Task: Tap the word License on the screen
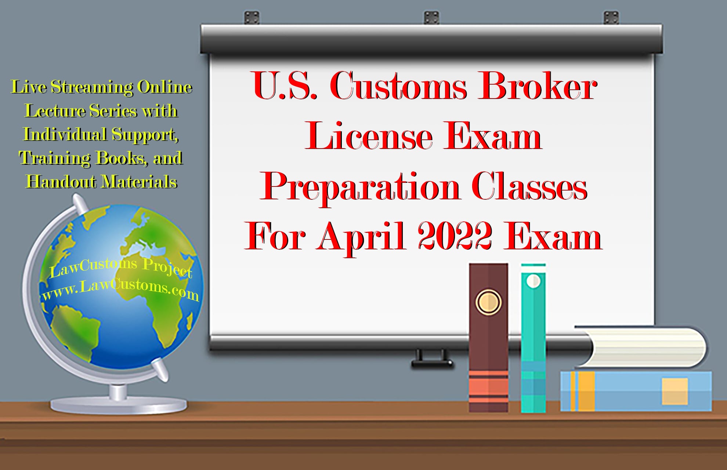coord(369,137)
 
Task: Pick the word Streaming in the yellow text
coord(92,88)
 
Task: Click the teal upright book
coord(533,342)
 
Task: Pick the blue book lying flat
coord(635,391)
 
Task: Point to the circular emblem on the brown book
coord(488,302)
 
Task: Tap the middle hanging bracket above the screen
coord(431,17)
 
